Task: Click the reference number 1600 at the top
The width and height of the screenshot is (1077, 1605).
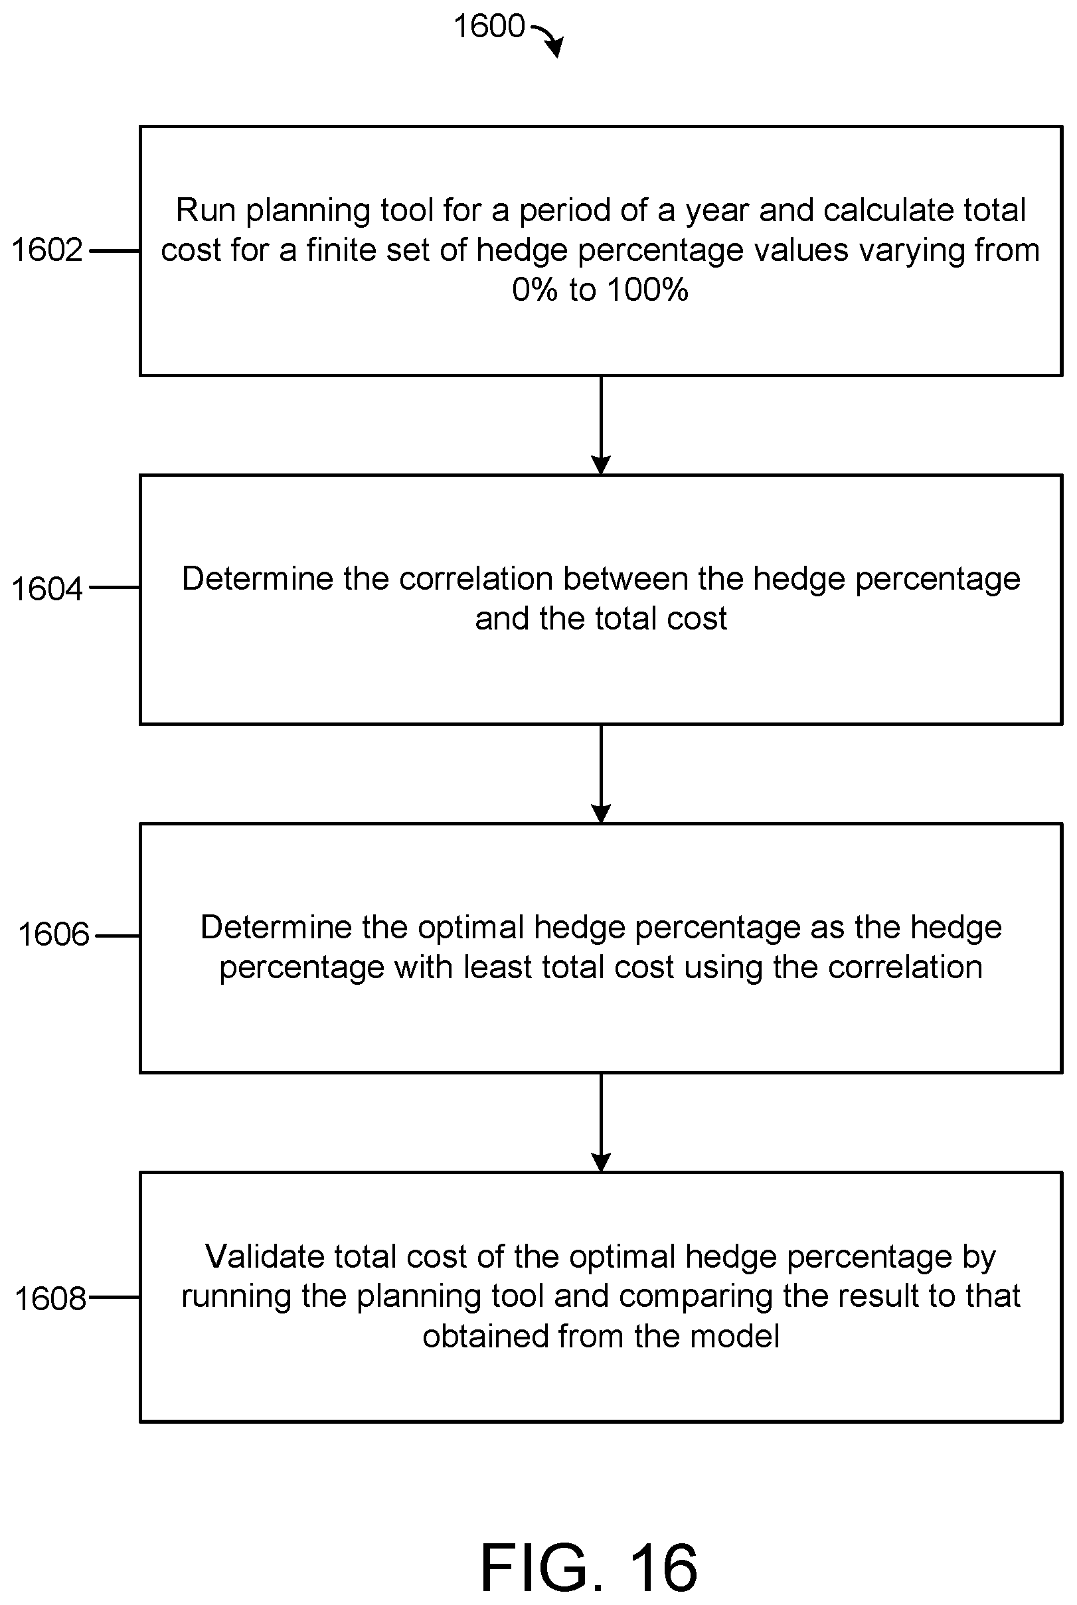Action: point(489,27)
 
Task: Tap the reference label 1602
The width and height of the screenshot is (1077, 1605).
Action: point(46,250)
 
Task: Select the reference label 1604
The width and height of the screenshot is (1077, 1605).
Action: point(46,589)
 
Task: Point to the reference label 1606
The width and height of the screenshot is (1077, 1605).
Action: point(54,935)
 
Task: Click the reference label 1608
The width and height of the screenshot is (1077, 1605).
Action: point(50,1299)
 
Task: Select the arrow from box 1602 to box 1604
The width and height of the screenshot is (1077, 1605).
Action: point(601,425)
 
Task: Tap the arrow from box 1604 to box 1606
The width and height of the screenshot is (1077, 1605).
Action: point(601,774)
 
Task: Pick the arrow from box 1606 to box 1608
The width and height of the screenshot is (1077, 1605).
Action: point(601,1123)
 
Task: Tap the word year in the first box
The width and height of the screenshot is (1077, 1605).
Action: point(718,212)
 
